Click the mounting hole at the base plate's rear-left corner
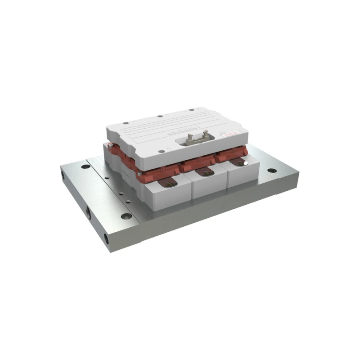pyautogui.click(x=84, y=166)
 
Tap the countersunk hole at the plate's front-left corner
pyautogui.click(x=125, y=217)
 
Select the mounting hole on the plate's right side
pyautogui.click(x=270, y=171)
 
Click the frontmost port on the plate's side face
pyautogui.click(x=107, y=237)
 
